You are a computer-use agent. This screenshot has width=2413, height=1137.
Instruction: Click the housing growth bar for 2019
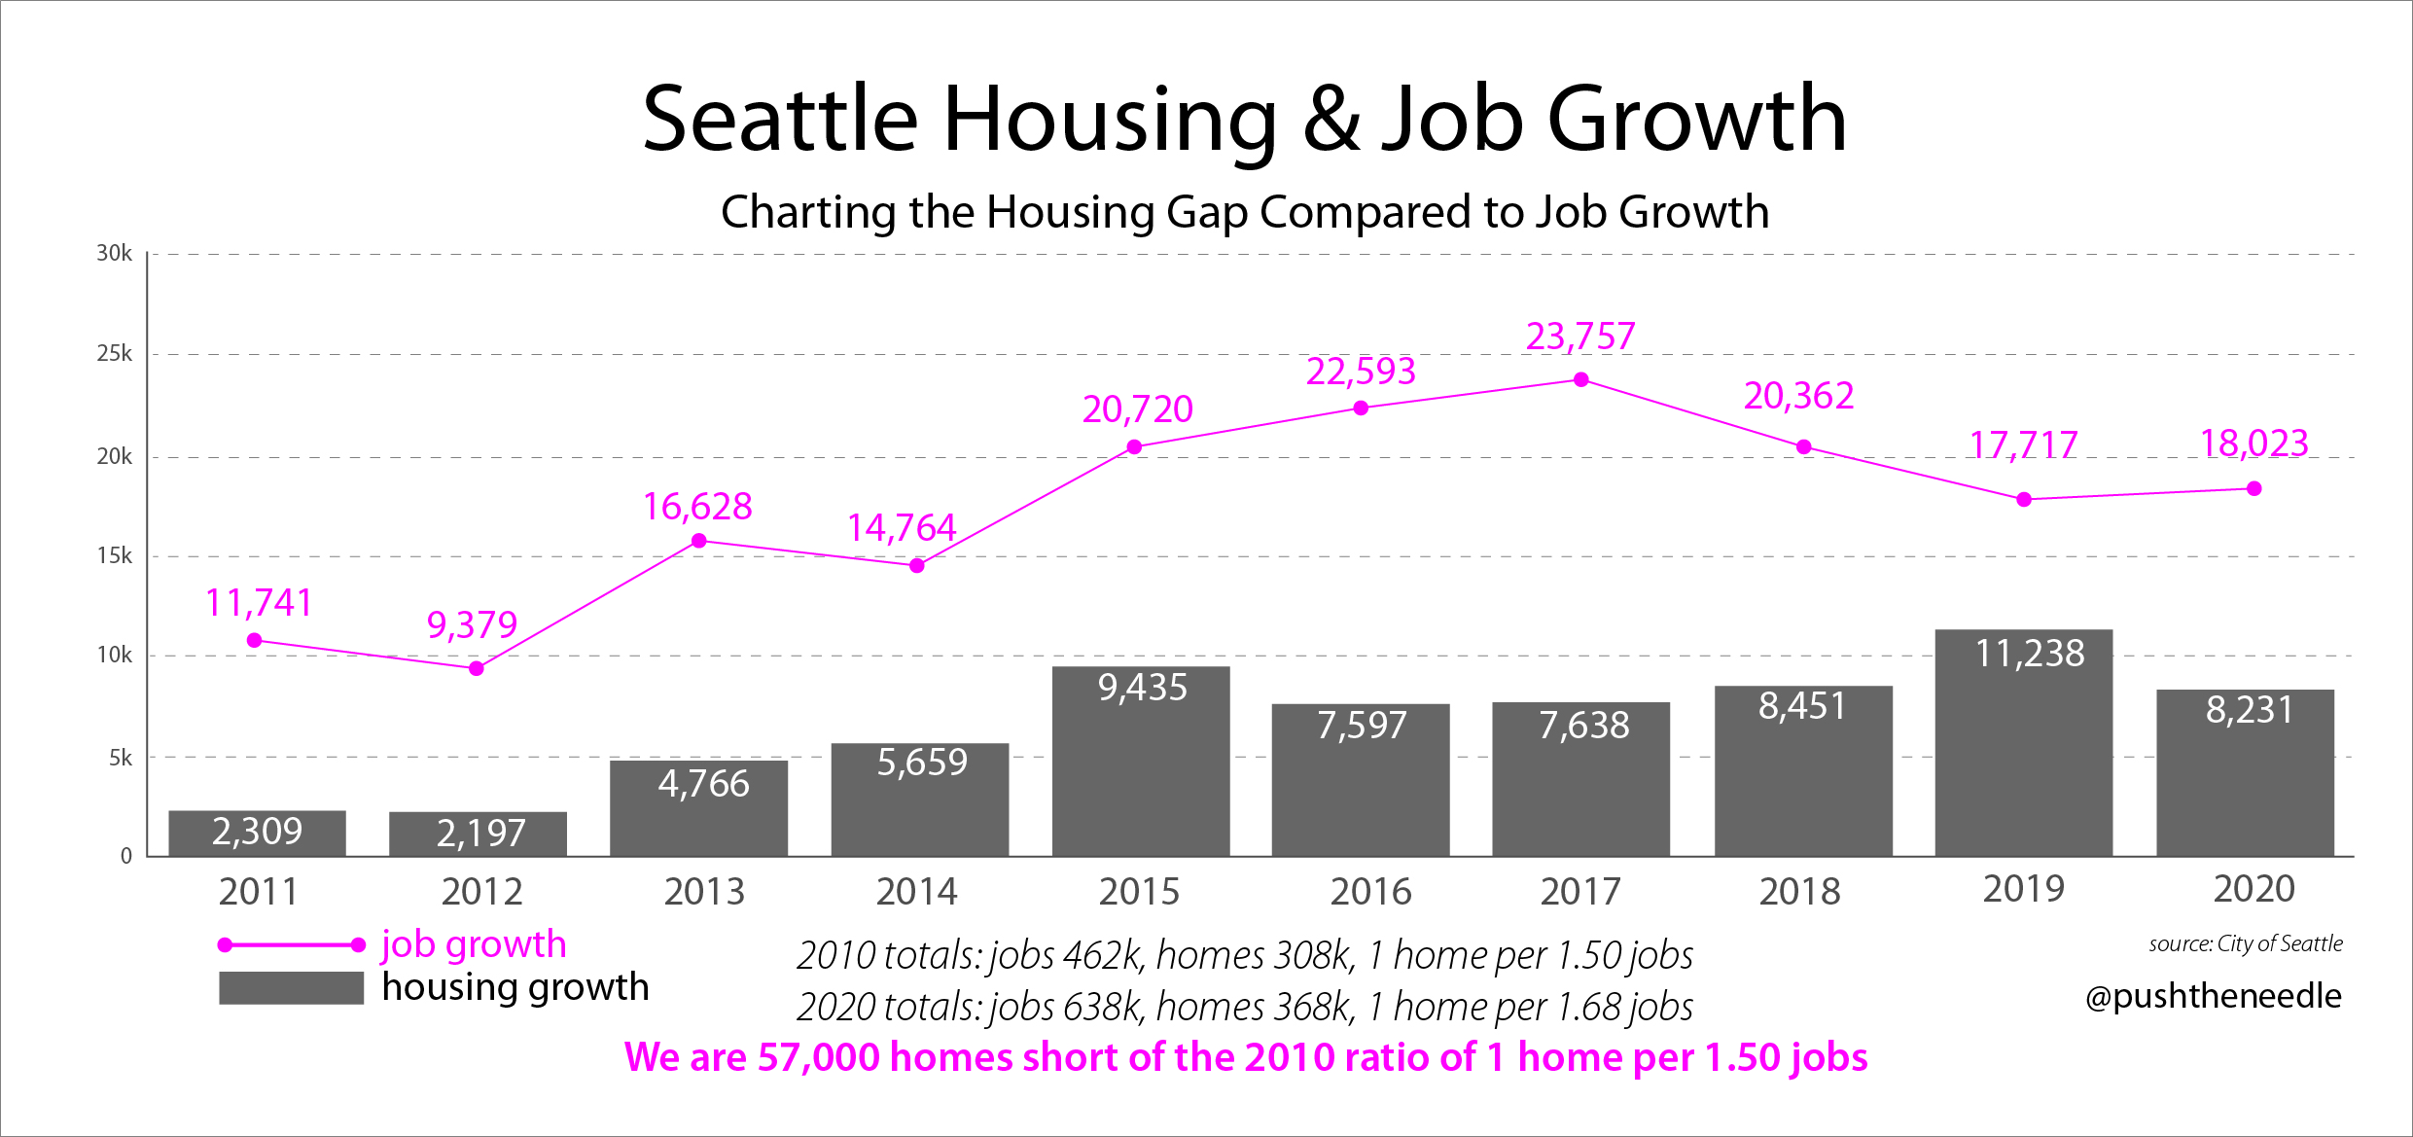[x=2023, y=744]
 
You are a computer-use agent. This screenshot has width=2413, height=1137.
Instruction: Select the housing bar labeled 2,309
[x=257, y=833]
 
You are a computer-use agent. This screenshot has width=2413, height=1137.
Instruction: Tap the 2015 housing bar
[x=1140, y=762]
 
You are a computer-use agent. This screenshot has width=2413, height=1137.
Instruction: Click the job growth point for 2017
[x=1581, y=379]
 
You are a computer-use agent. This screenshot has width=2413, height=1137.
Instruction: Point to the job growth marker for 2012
[x=477, y=668]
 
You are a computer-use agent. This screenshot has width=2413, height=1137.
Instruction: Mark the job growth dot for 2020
[x=2254, y=488]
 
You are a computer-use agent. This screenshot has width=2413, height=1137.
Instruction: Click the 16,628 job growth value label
[x=697, y=507]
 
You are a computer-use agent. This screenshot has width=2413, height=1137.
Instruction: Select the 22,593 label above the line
[x=1360, y=372]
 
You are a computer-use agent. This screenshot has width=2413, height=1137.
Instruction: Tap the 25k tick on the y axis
[x=115, y=354]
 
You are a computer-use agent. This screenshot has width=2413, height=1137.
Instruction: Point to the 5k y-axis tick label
[x=121, y=758]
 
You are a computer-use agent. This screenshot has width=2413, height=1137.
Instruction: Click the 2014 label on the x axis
[x=916, y=891]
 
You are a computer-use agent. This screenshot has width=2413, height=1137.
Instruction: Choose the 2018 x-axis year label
[x=1799, y=891]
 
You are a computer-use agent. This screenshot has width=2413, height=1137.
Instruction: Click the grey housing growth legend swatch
[x=291, y=988]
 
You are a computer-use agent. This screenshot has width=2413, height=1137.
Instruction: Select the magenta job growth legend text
[x=474, y=944]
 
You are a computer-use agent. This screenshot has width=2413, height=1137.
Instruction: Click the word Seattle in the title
[x=780, y=120]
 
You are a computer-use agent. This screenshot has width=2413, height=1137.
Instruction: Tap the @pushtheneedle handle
[x=2213, y=995]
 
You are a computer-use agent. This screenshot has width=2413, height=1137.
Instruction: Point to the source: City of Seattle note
[x=2246, y=943]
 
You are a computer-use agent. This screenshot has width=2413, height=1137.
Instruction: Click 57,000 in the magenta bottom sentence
[x=818, y=1057]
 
